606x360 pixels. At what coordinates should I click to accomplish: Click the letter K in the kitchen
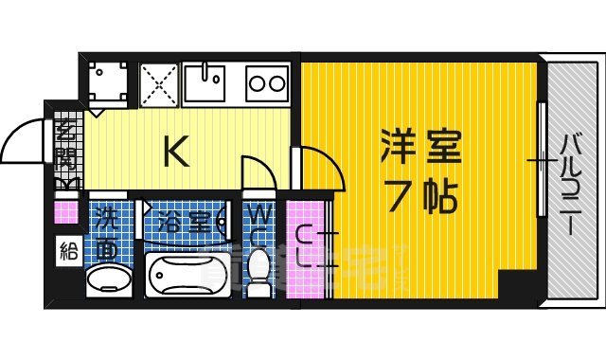point(176,152)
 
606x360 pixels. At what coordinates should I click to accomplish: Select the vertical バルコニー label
point(571,184)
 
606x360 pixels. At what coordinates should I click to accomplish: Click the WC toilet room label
point(258,226)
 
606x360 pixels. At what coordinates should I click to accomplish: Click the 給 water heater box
point(66,251)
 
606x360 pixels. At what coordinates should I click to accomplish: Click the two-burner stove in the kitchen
point(267,84)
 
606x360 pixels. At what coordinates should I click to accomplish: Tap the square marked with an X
point(158,83)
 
